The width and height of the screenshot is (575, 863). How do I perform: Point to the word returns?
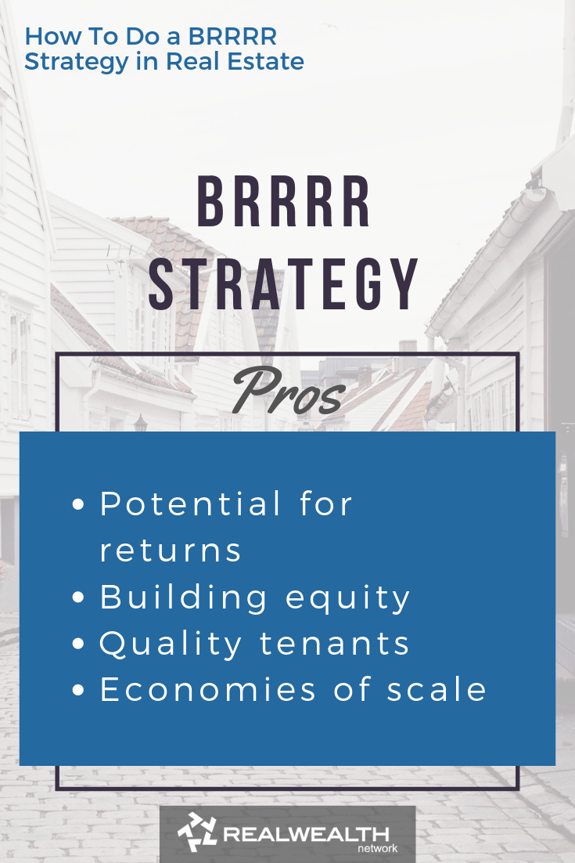(171, 550)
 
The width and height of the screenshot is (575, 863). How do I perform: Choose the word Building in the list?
(184, 598)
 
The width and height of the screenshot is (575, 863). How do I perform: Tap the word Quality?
(171, 645)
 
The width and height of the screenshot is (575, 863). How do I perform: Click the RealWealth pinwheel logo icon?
(196, 832)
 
